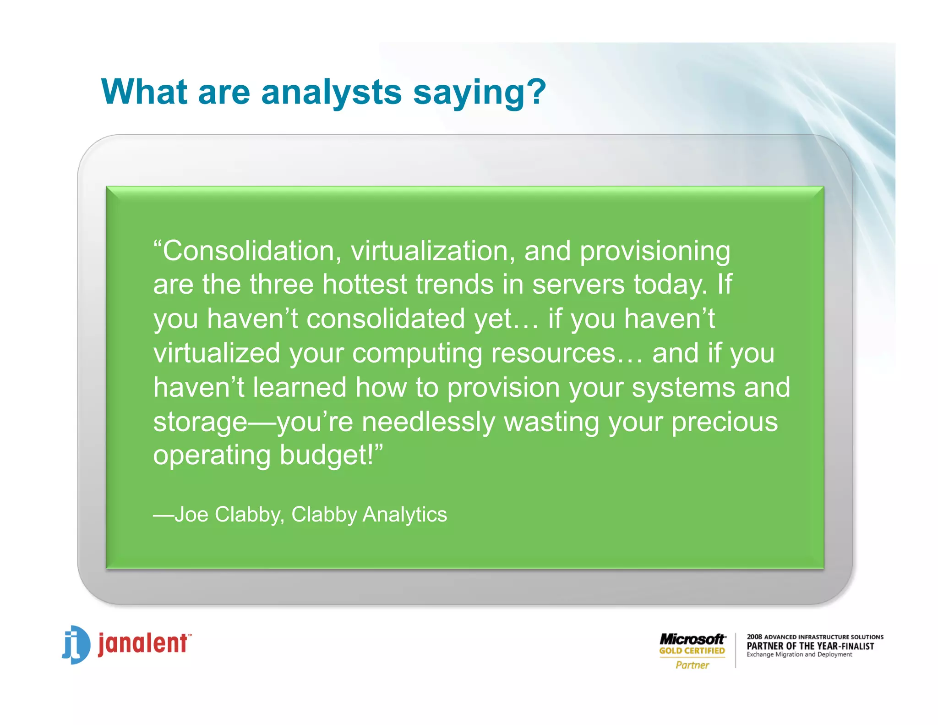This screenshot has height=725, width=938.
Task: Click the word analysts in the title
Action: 331,92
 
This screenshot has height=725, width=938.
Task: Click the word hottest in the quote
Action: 365,284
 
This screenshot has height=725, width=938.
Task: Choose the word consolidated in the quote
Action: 386,319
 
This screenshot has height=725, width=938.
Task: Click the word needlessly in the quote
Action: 428,422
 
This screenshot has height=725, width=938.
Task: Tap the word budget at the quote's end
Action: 326,455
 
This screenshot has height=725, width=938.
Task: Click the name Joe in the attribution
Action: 191,514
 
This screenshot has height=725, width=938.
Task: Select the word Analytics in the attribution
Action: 404,514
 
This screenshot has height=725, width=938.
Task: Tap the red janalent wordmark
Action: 143,643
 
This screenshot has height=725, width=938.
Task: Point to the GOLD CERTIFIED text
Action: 692,651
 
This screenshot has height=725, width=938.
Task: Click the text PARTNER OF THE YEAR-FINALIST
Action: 810,646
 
